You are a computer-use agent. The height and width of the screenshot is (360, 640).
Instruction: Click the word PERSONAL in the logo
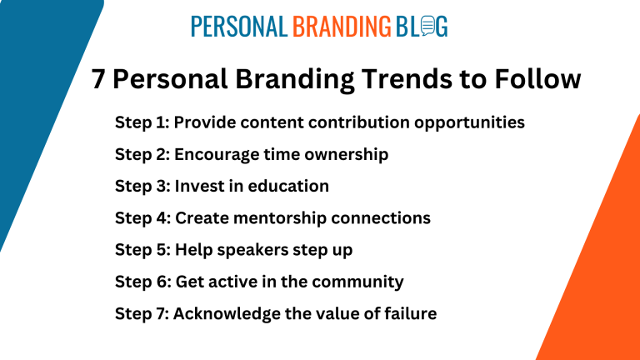(239, 27)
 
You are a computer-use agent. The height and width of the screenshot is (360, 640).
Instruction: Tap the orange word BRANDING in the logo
(342, 27)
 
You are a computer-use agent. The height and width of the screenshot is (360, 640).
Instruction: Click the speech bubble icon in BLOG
(427, 26)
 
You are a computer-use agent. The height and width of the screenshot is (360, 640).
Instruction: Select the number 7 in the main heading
(98, 79)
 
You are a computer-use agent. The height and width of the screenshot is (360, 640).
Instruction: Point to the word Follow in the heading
(537, 78)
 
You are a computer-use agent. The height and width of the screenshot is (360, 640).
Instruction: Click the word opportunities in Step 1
(469, 122)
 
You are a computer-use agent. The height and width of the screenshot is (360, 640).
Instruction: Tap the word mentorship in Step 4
(280, 218)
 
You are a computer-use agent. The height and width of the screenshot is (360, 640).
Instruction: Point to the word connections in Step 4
(381, 218)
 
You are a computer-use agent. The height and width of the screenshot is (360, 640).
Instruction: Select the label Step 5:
(142, 250)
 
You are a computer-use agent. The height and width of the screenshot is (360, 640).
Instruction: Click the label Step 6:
(142, 282)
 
